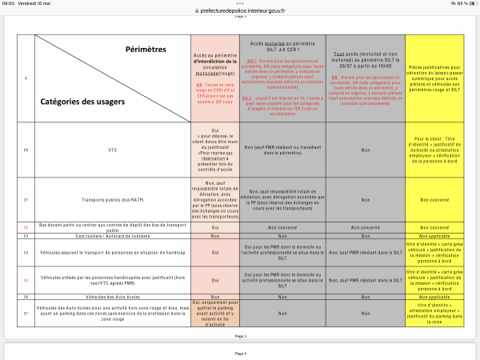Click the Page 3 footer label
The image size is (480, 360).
click(x=240, y=336)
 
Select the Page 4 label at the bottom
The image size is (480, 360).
click(x=240, y=353)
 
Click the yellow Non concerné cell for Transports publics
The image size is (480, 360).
click(x=439, y=200)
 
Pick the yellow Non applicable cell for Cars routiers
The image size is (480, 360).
click(x=439, y=236)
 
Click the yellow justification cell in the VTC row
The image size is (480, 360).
click(x=439, y=150)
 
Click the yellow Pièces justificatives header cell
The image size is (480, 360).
click(x=439, y=78)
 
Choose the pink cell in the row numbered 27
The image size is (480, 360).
click(x=214, y=313)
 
